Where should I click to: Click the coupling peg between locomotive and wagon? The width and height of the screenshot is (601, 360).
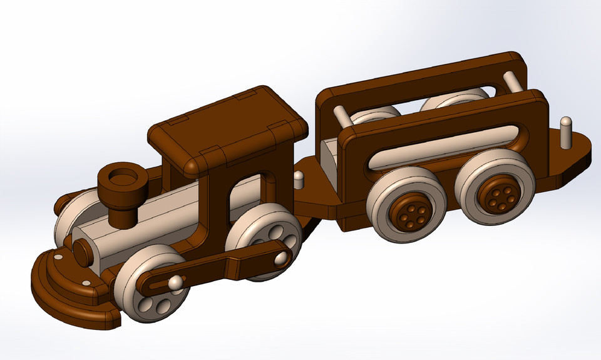coord(299,180)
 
